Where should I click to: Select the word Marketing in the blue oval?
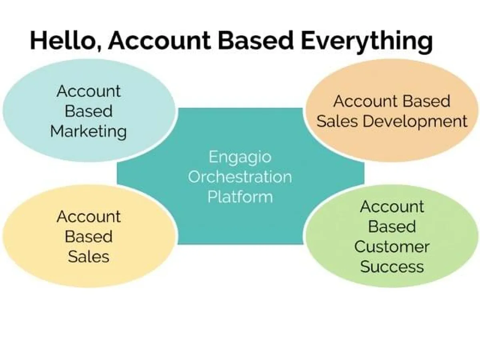[x=88, y=132]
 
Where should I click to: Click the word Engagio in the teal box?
[x=240, y=157]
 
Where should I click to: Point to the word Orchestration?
[x=240, y=177]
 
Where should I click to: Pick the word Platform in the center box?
[x=240, y=197]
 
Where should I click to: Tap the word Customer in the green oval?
[x=392, y=247]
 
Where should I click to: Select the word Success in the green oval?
[x=392, y=267]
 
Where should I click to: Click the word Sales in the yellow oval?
[x=88, y=257]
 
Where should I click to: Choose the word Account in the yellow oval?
[x=88, y=217]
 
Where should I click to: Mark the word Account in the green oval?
[x=392, y=207]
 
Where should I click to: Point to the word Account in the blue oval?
[x=88, y=92]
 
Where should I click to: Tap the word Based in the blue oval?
[x=88, y=112]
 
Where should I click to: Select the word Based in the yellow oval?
[x=88, y=237]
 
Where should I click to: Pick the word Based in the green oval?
[x=392, y=227]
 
